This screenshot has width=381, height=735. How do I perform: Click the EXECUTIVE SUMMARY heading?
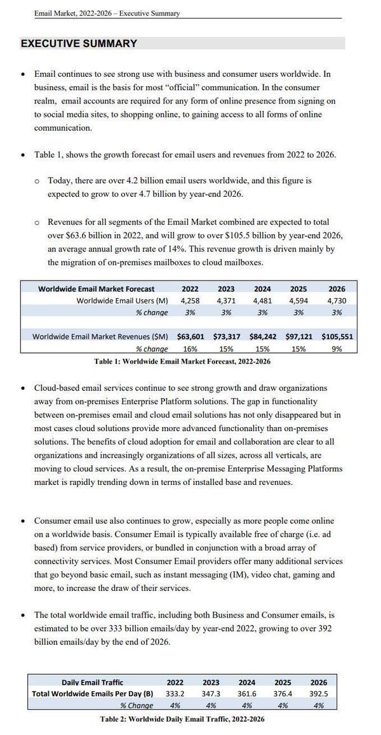(79, 44)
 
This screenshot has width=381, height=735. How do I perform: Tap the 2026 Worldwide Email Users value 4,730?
(337, 300)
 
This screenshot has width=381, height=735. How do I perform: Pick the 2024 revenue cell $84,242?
(263, 336)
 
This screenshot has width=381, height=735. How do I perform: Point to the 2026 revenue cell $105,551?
(337, 336)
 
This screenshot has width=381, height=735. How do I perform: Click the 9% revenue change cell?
(337, 348)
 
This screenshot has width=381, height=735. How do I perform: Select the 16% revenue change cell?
(190, 348)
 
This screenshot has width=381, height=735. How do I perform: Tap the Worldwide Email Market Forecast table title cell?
(96, 289)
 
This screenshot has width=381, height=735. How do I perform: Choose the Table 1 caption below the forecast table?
(182, 361)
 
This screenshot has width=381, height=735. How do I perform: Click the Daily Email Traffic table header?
(93, 682)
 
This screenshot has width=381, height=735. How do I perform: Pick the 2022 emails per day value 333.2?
(175, 694)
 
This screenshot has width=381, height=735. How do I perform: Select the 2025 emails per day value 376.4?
(283, 694)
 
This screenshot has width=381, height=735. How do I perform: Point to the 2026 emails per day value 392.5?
(319, 694)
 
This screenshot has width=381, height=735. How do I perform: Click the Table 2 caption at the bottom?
(182, 719)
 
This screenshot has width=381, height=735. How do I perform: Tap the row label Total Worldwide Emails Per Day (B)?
(93, 694)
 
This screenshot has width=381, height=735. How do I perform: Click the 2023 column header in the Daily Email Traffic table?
(211, 682)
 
